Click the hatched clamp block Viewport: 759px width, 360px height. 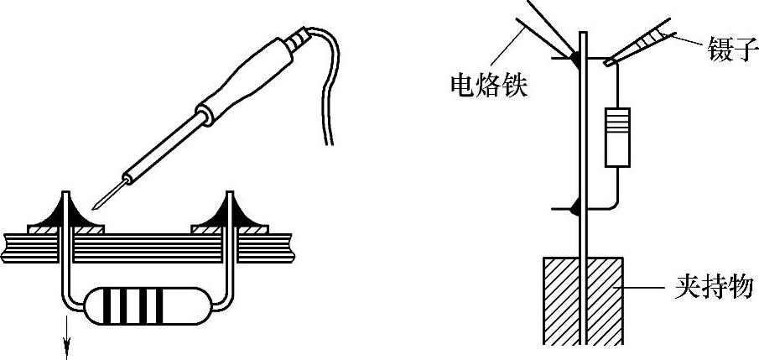(x=583, y=299)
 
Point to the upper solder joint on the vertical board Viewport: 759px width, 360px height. (x=577, y=59)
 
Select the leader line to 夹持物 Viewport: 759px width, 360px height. (x=646, y=287)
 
